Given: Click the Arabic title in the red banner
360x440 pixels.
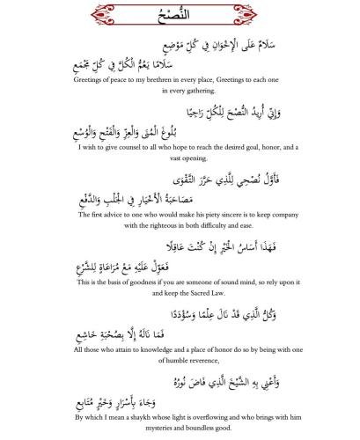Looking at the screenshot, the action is point(180,15).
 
